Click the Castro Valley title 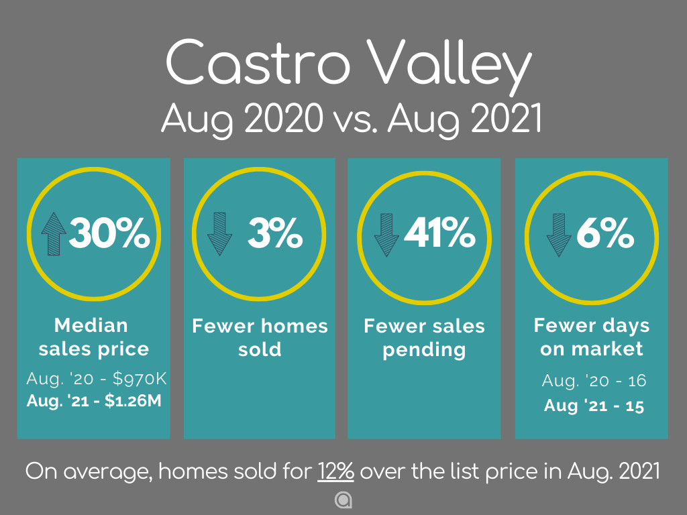point(349,65)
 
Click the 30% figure point(109,233)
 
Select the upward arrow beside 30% point(54,234)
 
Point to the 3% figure point(275,233)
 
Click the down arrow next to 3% point(219,234)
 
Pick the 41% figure point(439,233)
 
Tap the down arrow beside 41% point(386,235)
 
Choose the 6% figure point(605,233)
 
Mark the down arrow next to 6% point(559,235)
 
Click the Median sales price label point(93,337)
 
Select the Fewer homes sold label point(260,338)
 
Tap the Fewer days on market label point(592,337)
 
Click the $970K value point(140,378)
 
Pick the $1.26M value point(134,401)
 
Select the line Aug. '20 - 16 point(594,381)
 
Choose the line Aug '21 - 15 point(594,406)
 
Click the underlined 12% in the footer point(335,471)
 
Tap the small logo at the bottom point(343,500)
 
